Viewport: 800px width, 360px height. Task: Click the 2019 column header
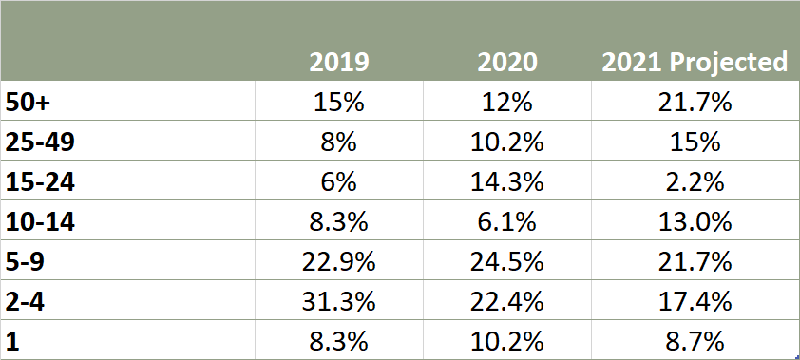click(x=338, y=62)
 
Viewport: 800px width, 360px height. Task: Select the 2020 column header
click(x=507, y=62)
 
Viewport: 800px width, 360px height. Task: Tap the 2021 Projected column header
click(x=695, y=62)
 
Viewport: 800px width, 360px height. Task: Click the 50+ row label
click(x=30, y=103)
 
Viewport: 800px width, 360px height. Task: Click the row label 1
click(x=13, y=342)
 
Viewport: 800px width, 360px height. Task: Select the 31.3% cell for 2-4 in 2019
click(x=338, y=302)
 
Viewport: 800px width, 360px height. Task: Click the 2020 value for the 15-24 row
click(x=507, y=182)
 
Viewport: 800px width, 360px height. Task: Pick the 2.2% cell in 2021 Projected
click(x=695, y=182)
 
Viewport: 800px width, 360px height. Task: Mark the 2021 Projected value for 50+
click(x=695, y=103)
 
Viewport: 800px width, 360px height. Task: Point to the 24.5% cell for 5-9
click(x=507, y=262)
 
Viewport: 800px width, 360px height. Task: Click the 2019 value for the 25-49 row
click(x=338, y=142)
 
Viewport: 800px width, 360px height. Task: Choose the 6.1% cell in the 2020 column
click(x=507, y=222)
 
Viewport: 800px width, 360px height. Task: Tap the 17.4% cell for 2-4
click(x=695, y=302)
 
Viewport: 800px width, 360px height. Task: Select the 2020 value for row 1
click(x=507, y=342)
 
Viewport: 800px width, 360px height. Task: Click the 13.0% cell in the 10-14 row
click(x=695, y=222)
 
